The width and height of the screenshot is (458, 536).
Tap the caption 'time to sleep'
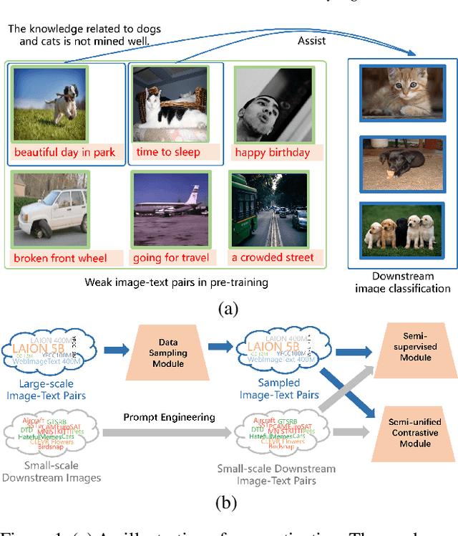[167, 152]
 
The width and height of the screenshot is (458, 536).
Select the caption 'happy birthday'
[272, 152]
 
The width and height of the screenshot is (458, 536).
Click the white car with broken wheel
[50, 210]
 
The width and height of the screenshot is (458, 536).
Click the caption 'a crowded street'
[272, 258]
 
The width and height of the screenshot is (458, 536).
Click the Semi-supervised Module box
[415, 348]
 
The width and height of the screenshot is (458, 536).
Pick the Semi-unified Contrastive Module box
[415, 434]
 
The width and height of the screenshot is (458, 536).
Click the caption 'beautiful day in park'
[64, 152]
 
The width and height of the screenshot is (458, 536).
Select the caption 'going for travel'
[171, 258]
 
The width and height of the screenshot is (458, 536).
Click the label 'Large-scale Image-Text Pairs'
[55, 389]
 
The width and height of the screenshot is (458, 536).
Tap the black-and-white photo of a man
[273, 105]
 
